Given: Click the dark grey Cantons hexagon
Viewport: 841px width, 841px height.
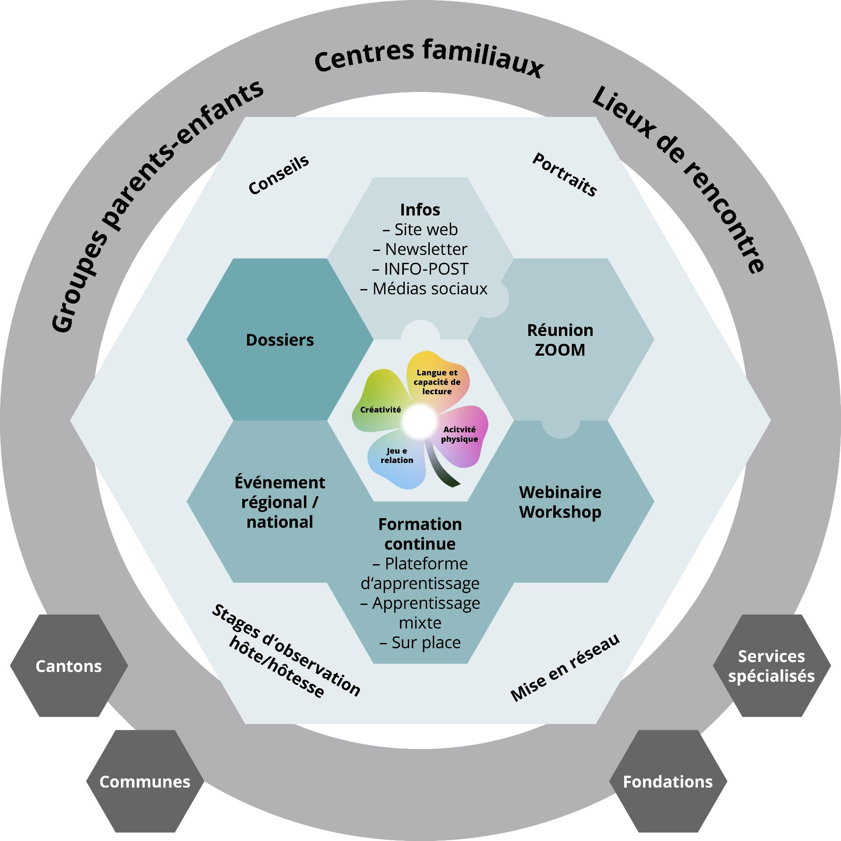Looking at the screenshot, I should [69, 666].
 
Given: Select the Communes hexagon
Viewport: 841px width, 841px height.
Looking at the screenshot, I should [145, 781].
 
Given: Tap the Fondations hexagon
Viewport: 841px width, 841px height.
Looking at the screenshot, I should [668, 781].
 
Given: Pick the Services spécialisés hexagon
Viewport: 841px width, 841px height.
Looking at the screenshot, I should [771, 666].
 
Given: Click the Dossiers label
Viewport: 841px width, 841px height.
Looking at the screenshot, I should [280, 340].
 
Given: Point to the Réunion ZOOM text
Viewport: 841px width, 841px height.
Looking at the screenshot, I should [560, 340].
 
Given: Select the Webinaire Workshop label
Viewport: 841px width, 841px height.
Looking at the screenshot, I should [560, 502].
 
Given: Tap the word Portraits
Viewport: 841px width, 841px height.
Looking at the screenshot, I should [564, 174].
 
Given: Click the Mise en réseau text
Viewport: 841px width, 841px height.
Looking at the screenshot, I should [565, 668].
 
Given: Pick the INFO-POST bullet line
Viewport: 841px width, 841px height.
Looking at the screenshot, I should [420, 269].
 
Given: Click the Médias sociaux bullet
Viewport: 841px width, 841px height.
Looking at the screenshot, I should [424, 289].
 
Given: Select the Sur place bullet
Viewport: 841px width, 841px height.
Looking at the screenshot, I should [420, 643].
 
